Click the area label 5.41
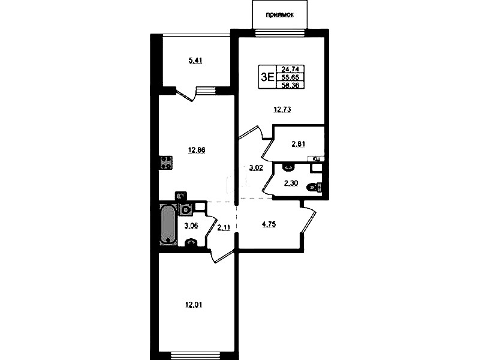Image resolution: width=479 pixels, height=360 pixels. pyautogui.click(x=195, y=61)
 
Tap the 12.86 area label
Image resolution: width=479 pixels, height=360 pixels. pyautogui.click(x=197, y=150)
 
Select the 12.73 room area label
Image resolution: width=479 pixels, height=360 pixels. pyautogui.click(x=282, y=109)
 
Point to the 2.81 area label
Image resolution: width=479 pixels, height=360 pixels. pyautogui.click(x=299, y=144)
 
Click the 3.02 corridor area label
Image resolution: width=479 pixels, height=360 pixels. pyautogui.click(x=256, y=168)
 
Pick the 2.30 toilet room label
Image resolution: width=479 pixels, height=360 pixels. pyautogui.click(x=291, y=183)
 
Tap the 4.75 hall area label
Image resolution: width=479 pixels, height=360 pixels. pyautogui.click(x=269, y=224)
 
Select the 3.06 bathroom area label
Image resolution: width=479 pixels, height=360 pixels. pyautogui.click(x=191, y=226)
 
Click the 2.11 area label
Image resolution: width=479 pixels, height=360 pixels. pyautogui.click(x=224, y=227)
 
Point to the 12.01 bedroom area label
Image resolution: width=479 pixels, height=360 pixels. pyautogui.click(x=194, y=305)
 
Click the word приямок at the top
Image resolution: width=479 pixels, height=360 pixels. pyautogui.click(x=280, y=15)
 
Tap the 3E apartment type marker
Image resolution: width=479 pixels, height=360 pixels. pyautogui.click(x=267, y=77)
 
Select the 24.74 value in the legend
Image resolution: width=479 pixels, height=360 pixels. pyautogui.click(x=290, y=69)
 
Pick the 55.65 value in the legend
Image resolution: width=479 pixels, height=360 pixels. pyautogui.click(x=290, y=77)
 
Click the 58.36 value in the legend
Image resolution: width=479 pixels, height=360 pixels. pyautogui.click(x=290, y=85)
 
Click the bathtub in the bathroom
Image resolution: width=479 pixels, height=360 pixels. pyautogui.click(x=167, y=224)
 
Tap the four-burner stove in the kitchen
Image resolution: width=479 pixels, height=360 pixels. pyautogui.click(x=165, y=163)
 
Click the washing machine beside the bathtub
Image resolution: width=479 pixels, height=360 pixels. pyautogui.click(x=185, y=209)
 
